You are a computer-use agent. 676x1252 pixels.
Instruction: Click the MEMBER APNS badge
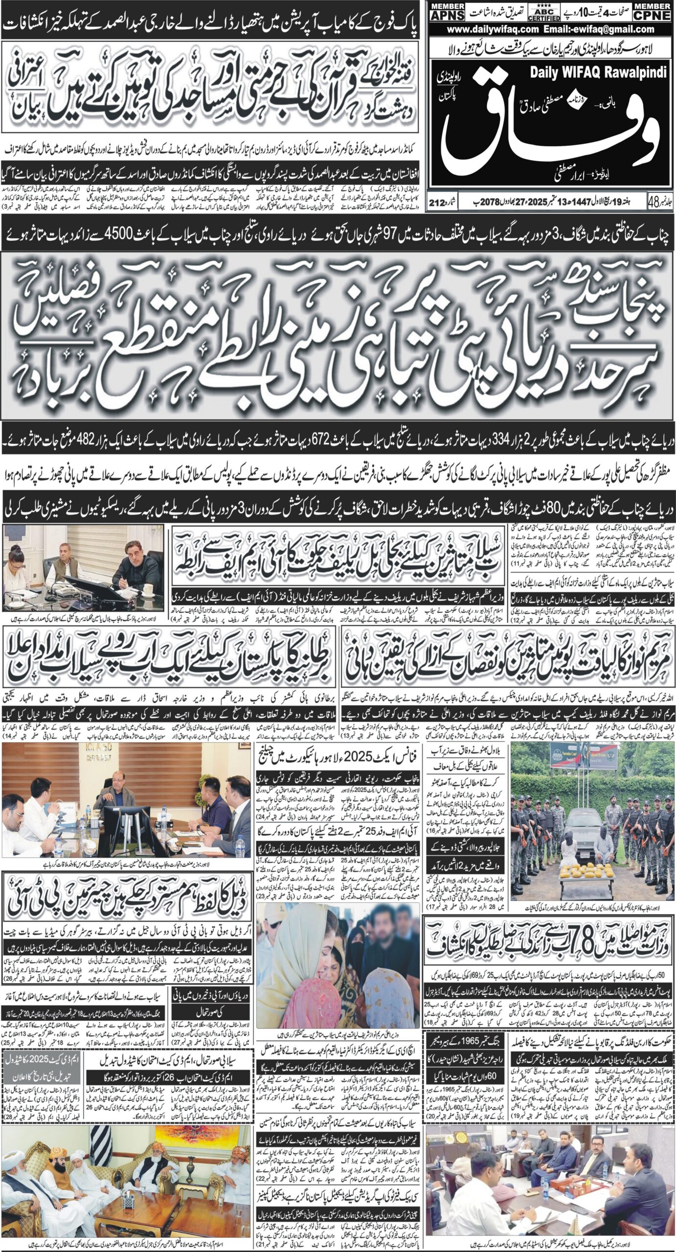point(444,12)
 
